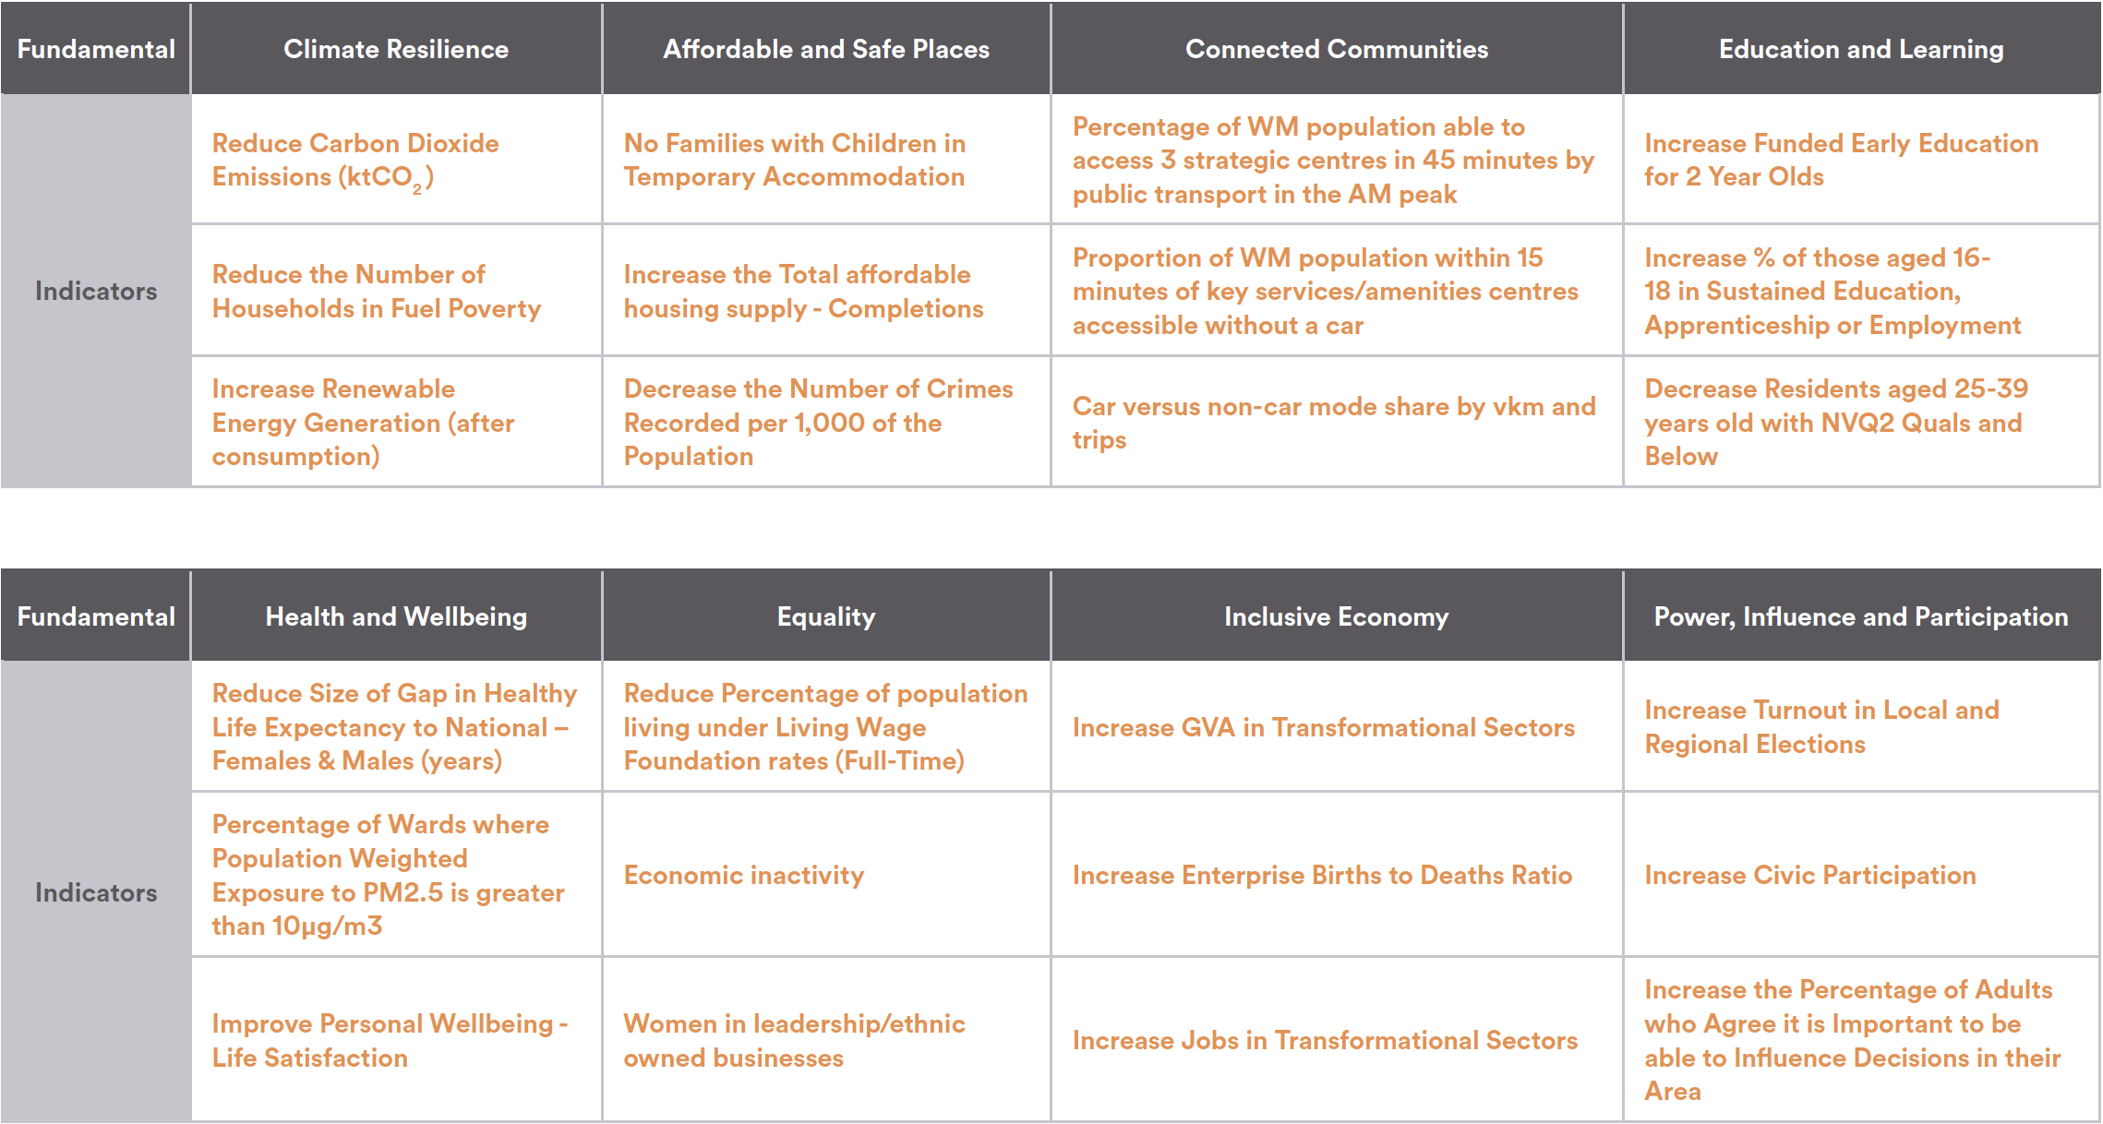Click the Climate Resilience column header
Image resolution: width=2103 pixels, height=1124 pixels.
(x=396, y=49)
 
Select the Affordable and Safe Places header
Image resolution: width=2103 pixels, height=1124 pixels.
(x=826, y=49)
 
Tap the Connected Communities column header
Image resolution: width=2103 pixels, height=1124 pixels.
(x=1337, y=49)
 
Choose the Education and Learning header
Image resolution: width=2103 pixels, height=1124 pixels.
(x=1861, y=49)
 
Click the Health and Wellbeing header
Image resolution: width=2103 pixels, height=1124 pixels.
(x=396, y=616)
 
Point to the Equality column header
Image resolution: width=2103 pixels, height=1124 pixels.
(x=826, y=616)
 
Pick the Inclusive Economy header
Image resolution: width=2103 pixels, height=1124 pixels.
(x=1337, y=616)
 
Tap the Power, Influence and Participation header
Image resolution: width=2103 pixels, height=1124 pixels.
(x=1861, y=616)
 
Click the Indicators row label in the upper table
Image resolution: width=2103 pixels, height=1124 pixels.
(x=96, y=292)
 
